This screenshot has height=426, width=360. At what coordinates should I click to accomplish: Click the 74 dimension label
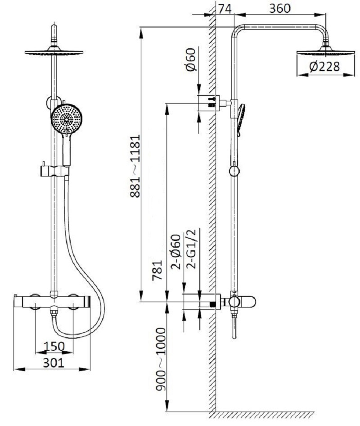tap(225, 9)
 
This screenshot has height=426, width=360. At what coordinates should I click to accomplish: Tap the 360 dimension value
tap(279, 9)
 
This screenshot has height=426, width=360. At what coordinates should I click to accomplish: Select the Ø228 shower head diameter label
tap(324, 67)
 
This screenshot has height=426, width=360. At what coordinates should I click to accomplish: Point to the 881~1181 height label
tap(135, 166)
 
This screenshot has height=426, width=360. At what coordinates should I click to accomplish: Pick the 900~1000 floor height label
tap(160, 359)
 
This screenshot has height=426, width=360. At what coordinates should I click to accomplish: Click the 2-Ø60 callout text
tap(176, 252)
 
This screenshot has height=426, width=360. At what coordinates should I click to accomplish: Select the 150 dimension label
tap(54, 346)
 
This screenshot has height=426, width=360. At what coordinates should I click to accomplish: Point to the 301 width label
tap(54, 363)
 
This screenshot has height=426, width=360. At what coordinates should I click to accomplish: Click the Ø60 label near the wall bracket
tap(191, 59)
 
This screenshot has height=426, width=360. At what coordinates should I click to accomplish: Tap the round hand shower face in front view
tap(66, 119)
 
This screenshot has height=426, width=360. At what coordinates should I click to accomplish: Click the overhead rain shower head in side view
tap(325, 51)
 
